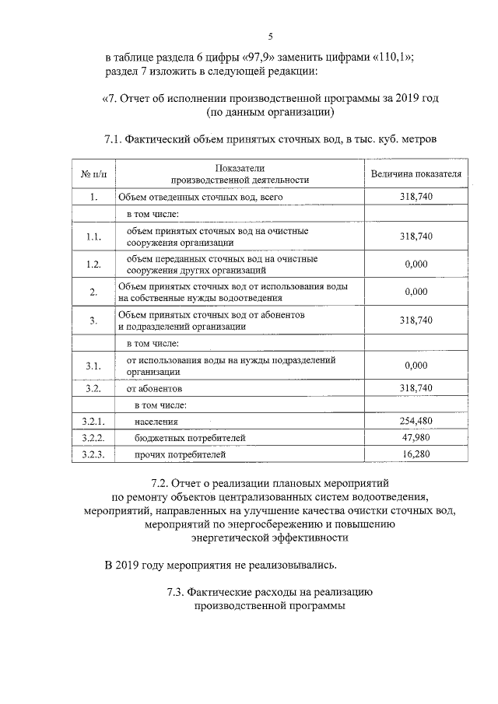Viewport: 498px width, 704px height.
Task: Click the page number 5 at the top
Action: coord(270,37)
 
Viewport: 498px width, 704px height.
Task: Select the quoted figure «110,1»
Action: coord(389,58)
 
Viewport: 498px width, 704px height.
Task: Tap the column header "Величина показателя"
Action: coord(416,173)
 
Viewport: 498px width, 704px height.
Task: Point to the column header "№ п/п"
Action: coord(93,173)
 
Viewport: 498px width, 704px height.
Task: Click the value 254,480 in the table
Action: coord(416,421)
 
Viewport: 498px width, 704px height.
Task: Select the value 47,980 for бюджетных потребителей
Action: coord(416,437)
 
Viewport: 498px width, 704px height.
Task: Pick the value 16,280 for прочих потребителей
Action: coord(416,454)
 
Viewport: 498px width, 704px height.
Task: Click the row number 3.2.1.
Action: coord(93,421)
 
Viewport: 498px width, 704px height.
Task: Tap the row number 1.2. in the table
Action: coord(93,264)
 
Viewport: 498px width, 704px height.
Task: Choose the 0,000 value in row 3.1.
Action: coord(416,365)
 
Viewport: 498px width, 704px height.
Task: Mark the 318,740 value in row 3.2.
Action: coord(416,387)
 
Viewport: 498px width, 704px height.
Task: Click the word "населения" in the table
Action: coord(156,421)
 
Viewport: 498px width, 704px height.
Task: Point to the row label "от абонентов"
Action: coord(156,387)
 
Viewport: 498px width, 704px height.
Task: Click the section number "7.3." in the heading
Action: coord(176,593)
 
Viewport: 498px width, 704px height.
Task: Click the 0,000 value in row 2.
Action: coord(416,292)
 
